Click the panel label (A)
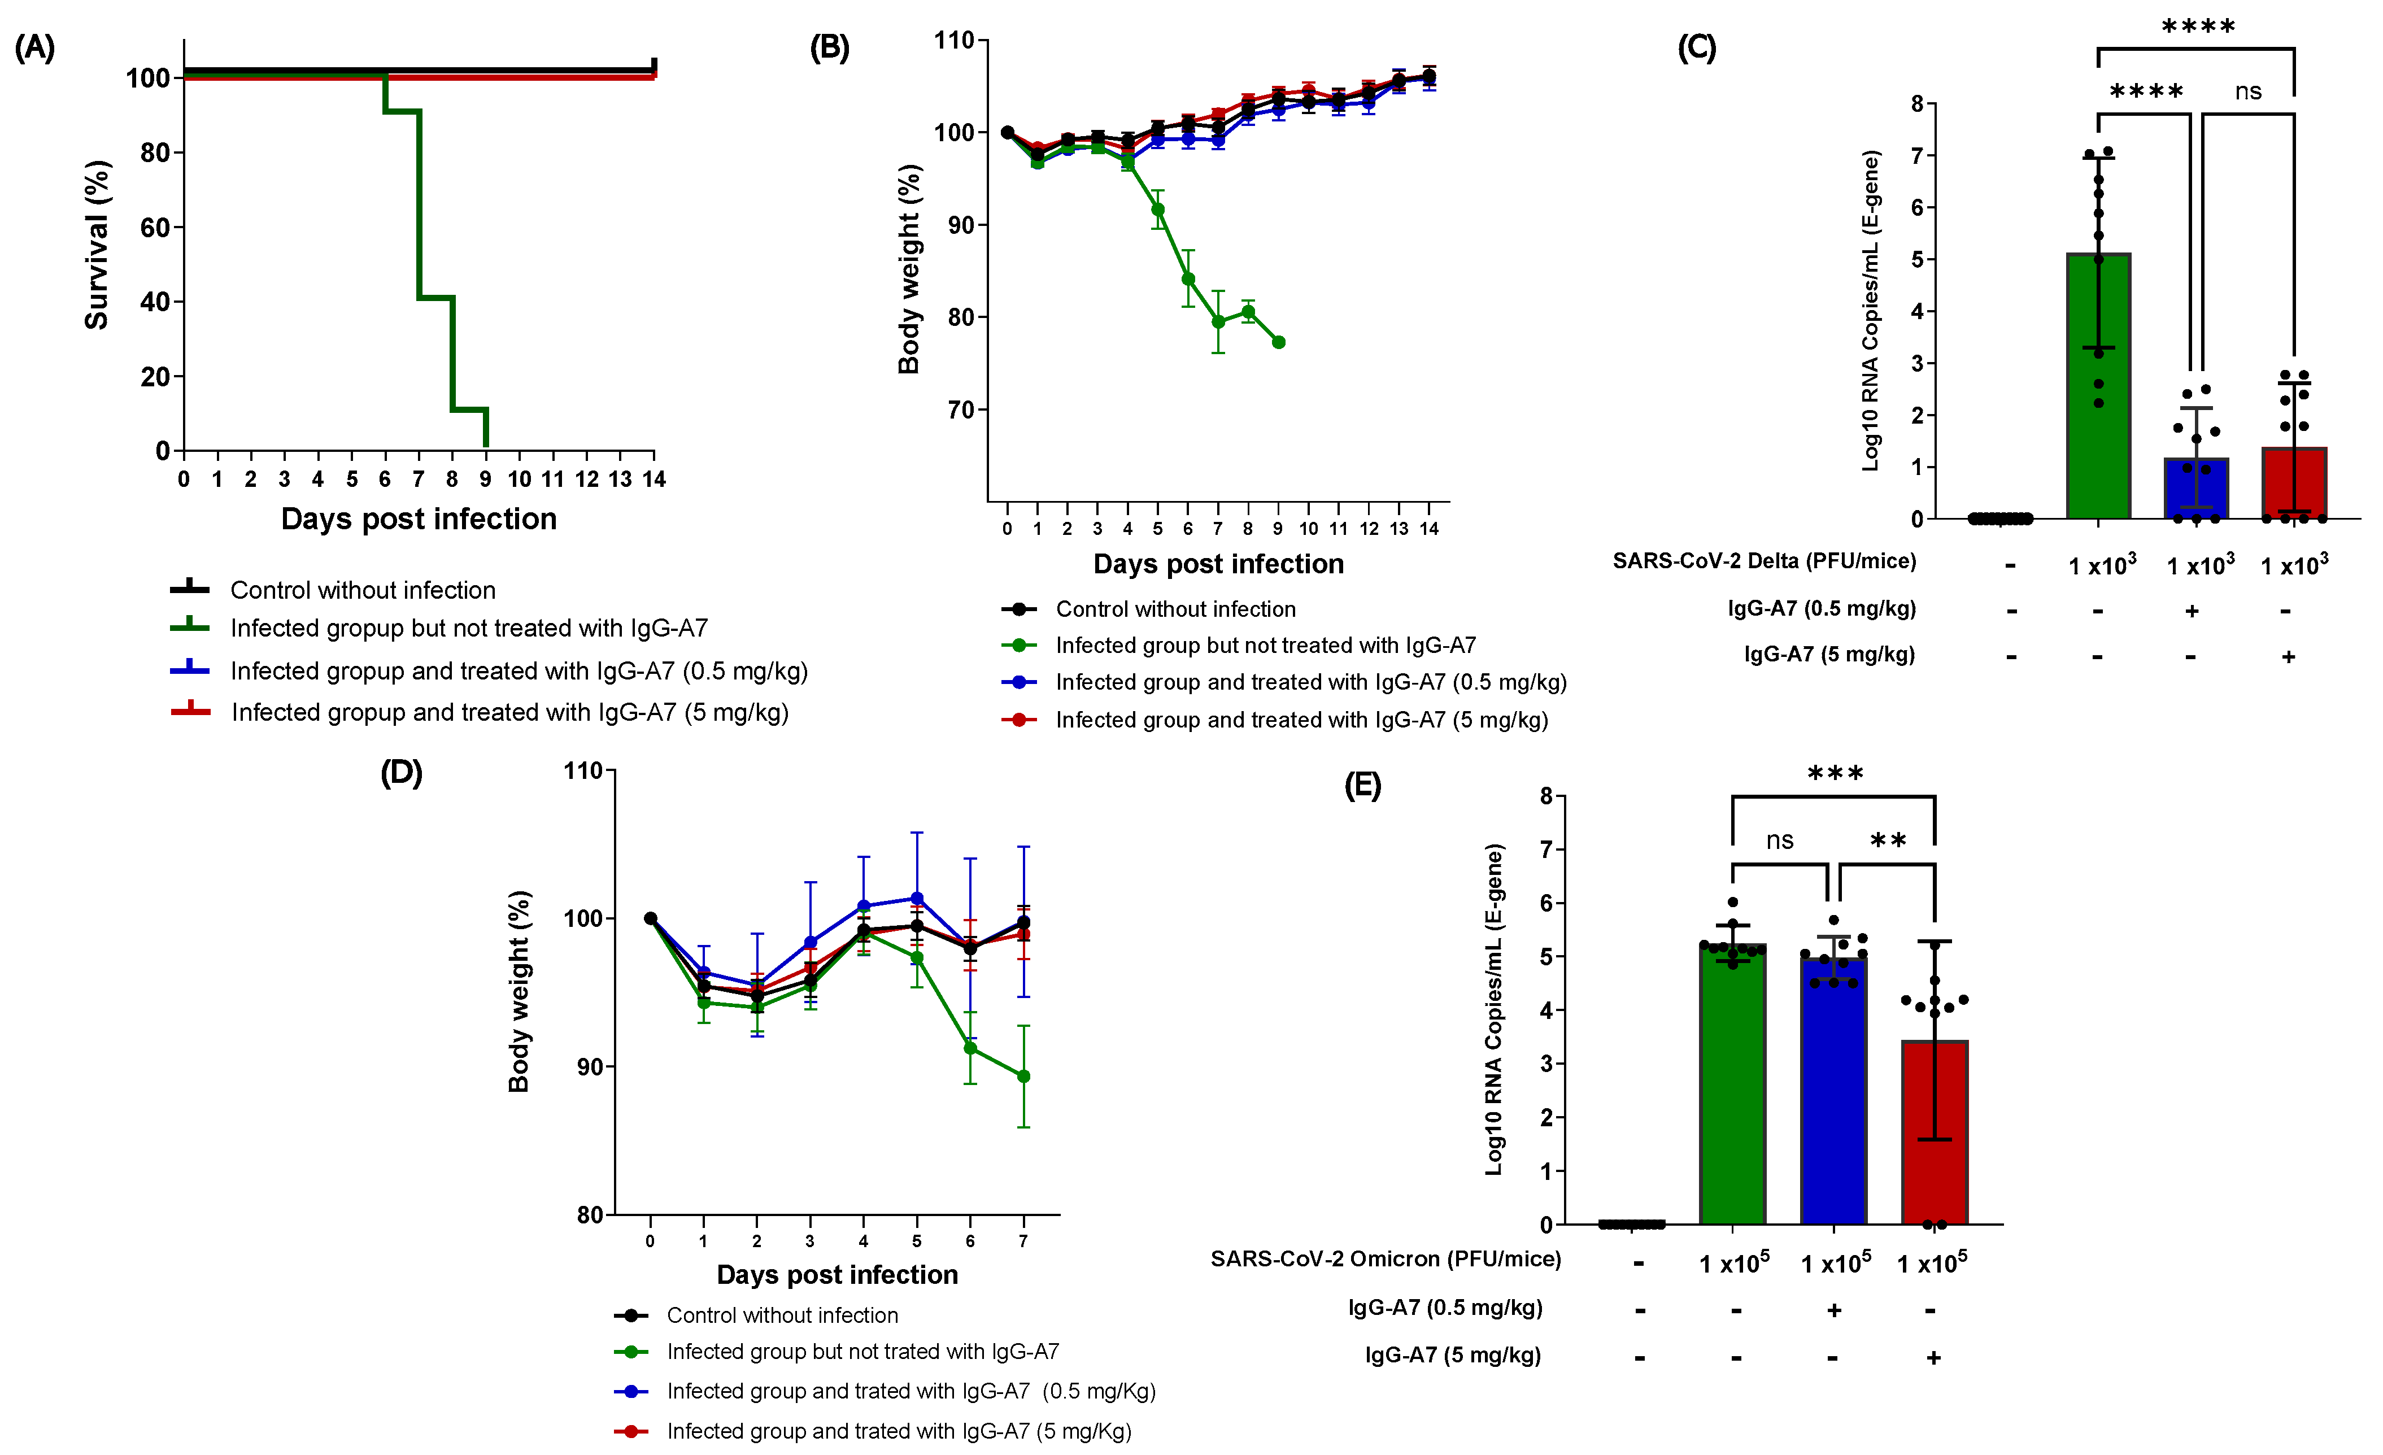[x=35, y=47]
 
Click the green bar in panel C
[x=2098, y=387]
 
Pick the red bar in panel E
[x=1935, y=1132]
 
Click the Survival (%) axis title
[x=97, y=245]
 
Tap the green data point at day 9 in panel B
[x=1278, y=342]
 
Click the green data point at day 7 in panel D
[x=1023, y=1076]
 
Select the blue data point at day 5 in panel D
[x=917, y=899]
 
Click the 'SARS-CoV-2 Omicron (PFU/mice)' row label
[x=1385, y=1258]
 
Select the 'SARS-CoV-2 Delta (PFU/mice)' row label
[x=1763, y=561]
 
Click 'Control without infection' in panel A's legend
[x=363, y=590]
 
